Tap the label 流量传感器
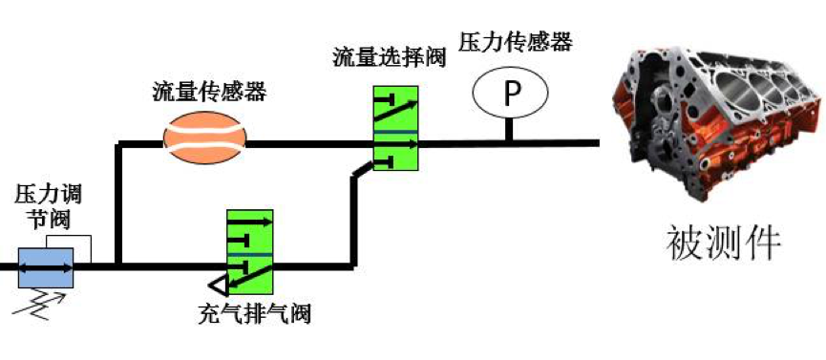tap(209, 93)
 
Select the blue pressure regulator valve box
tap(46, 266)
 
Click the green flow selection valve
tap(396, 130)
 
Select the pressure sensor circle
tap(511, 94)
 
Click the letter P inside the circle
tap(512, 94)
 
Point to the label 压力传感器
tap(515, 43)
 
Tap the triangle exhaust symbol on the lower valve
tap(219, 284)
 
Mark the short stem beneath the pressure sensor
tap(511, 129)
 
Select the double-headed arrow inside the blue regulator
tap(46, 266)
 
